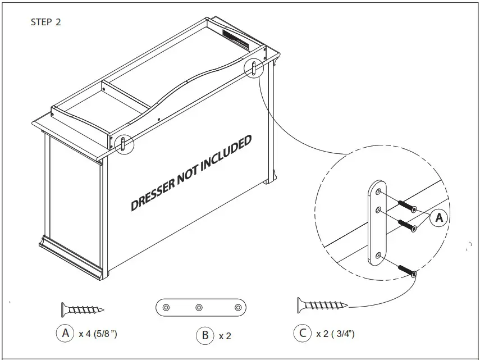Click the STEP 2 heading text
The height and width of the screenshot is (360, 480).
coord(46,23)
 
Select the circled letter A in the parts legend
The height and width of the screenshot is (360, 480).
coord(65,333)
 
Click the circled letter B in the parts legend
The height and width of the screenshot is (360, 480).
coord(205,335)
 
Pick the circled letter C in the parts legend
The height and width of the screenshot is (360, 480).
coord(303,333)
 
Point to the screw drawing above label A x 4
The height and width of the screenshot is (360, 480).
coord(82,309)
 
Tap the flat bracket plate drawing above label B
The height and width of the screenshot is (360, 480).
coord(199,308)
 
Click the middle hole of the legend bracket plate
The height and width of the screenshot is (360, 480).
coord(199,308)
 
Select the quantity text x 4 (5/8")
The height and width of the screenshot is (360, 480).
coord(98,334)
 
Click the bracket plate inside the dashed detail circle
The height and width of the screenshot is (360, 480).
coord(376,224)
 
